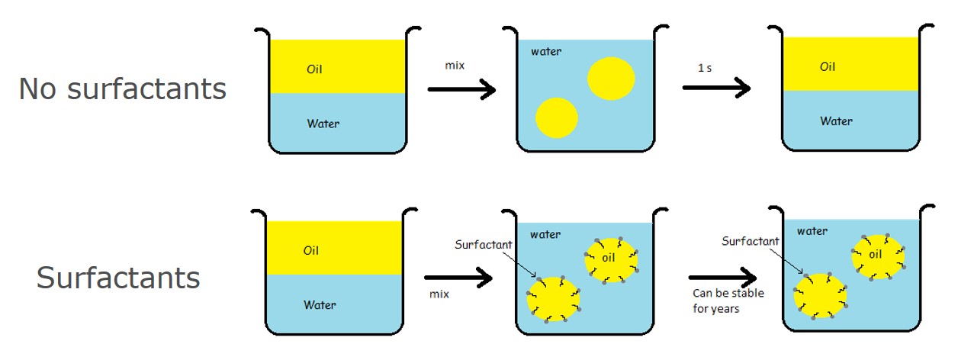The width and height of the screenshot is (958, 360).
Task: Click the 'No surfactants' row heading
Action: [122, 89]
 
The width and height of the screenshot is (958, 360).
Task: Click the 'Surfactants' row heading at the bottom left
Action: [118, 278]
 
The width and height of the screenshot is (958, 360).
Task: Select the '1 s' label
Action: [705, 68]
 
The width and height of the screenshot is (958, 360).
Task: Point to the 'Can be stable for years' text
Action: [728, 301]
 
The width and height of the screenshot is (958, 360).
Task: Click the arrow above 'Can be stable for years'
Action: [722, 279]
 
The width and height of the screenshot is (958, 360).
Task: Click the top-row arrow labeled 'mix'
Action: [461, 89]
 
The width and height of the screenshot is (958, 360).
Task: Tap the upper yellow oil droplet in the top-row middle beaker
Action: [611, 79]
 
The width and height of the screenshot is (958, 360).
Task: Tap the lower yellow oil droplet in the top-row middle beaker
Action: [557, 118]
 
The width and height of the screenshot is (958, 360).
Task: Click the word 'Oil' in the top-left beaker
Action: [315, 69]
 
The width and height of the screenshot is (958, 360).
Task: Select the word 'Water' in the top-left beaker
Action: [323, 124]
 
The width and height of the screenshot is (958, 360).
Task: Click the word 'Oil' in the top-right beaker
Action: [828, 67]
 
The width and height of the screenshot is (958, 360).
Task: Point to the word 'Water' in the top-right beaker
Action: [837, 121]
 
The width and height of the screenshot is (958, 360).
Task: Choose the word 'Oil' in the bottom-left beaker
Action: [311, 251]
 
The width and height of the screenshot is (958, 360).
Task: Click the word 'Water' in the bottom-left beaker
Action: [320, 305]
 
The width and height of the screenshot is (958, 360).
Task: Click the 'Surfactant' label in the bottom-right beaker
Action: [751, 241]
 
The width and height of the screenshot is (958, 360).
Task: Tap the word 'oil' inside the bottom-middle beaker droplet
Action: [608, 258]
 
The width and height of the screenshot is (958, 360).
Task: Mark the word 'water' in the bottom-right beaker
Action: [812, 230]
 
